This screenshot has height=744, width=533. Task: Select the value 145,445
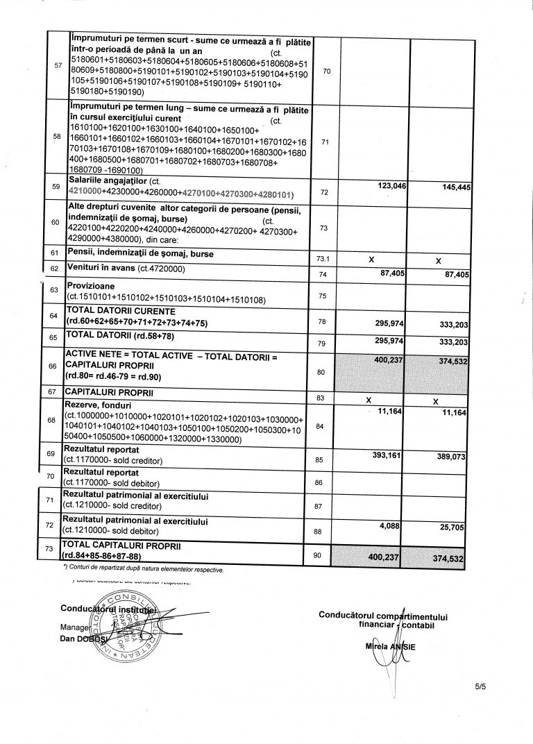(448, 187)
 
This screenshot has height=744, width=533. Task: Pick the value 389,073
(448, 457)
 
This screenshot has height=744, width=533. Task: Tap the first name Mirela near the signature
(368, 647)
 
